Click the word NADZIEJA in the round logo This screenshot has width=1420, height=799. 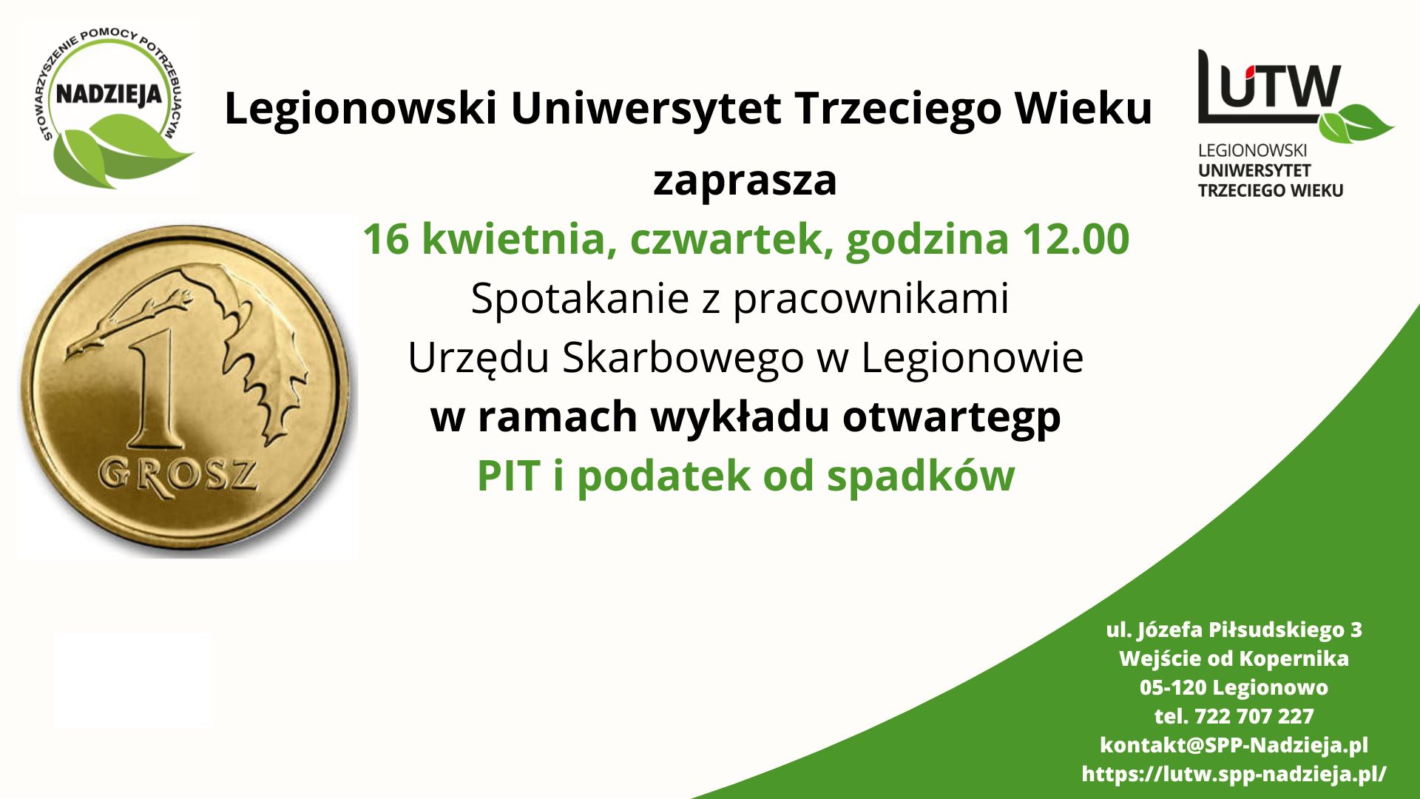(109, 95)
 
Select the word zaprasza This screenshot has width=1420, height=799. (745, 181)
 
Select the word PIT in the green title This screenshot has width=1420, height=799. (509, 476)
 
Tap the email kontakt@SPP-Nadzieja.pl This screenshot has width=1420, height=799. (1234, 745)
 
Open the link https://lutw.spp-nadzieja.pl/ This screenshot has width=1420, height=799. (1234, 774)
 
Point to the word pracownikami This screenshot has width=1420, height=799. (870, 299)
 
